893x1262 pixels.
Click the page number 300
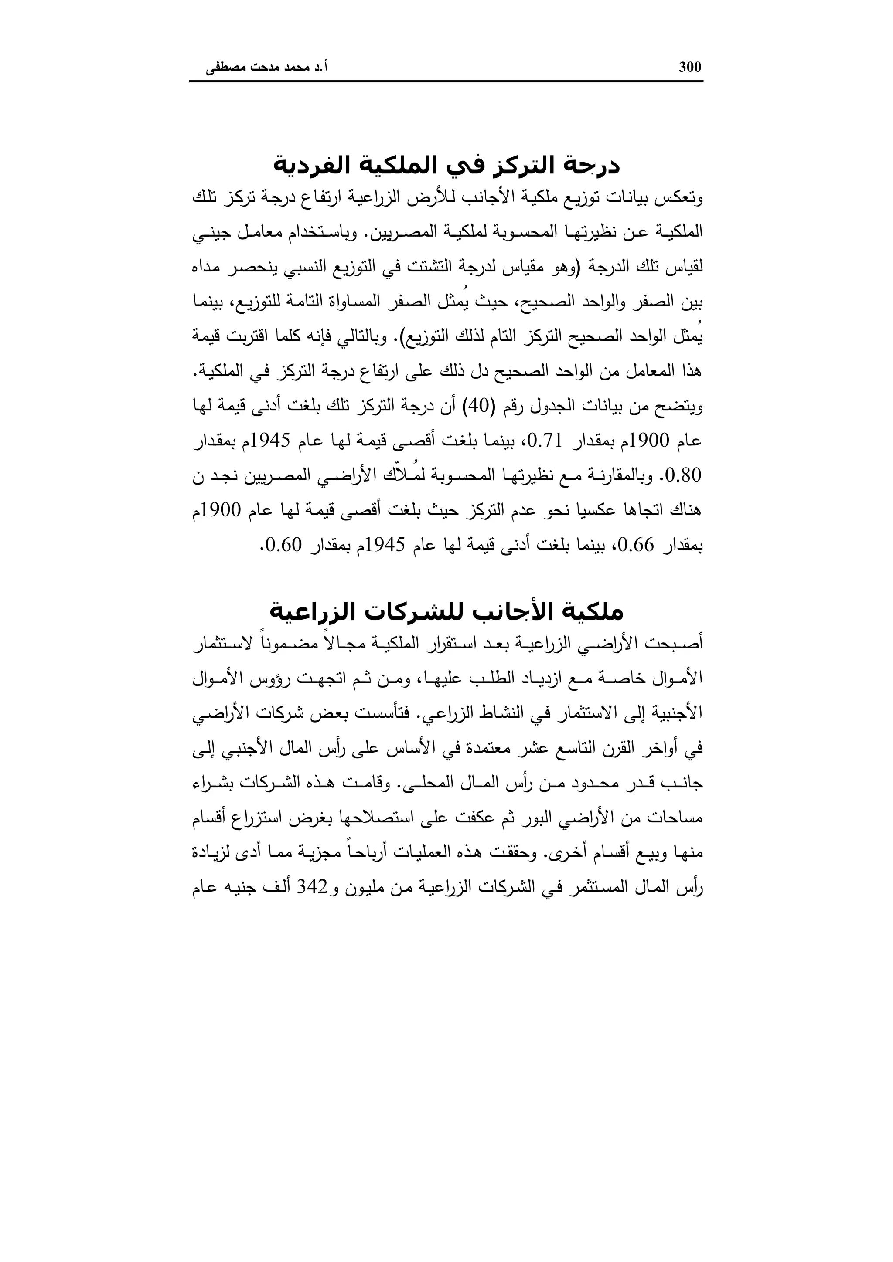point(690,67)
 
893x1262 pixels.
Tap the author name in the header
point(267,68)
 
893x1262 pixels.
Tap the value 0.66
point(635,545)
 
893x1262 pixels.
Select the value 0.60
point(284,545)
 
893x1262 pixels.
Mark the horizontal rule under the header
point(446,82)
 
